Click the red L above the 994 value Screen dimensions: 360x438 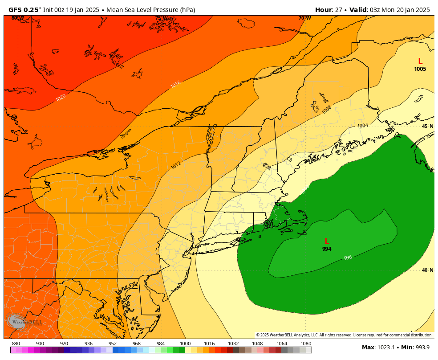pyautogui.click(x=327, y=241)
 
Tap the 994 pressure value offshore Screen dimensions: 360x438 pyautogui.click(x=327, y=249)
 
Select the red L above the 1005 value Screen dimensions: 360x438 pyautogui.click(x=420, y=61)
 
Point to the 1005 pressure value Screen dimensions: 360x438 pyautogui.click(x=420, y=69)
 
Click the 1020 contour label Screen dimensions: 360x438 pyautogui.click(x=61, y=97)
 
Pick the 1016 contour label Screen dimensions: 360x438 pyautogui.click(x=175, y=84)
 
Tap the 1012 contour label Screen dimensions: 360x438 pyautogui.click(x=176, y=166)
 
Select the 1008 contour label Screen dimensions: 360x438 pyautogui.click(x=326, y=109)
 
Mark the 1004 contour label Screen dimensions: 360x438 pyautogui.click(x=362, y=126)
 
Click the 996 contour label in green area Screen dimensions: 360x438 pyautogui.click(x=348, y=258)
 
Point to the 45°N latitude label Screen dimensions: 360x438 pyautogui.click(x=427, y=127)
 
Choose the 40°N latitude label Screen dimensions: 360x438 pyautogui.click(x=427, y=270)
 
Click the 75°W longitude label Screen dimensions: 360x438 pyautogui.click(x=161, y=18)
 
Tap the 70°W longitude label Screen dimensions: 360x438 pyautogui.click(x=304, y=18)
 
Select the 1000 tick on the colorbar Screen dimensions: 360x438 pyautogui.click(x=185, y=344)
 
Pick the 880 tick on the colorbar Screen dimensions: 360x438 pyautogui.click(x=16, y=344)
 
